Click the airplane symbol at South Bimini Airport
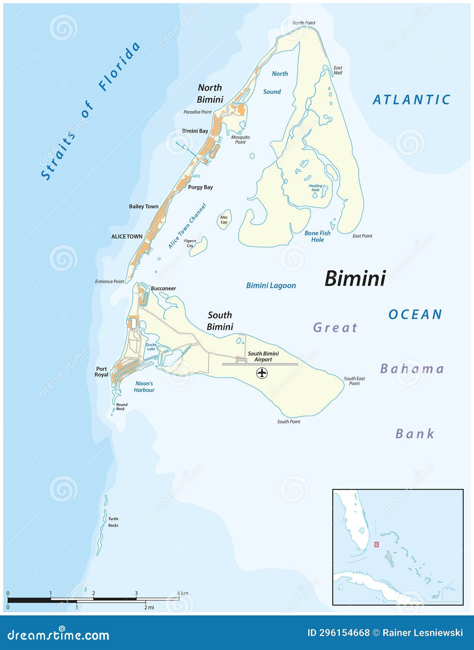point(262,373)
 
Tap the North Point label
point(304,23)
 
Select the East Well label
point(338,70)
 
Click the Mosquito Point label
point(240,140)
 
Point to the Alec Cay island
point(224,220)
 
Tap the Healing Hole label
point(315,188)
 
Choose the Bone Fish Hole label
point(317,236)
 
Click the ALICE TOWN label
point(127,237)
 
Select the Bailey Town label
point(144,207)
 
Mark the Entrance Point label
point(110,282)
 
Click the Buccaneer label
point(164,288)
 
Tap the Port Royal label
point(102,372)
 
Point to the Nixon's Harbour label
point(144,387)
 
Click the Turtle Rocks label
point(113,522)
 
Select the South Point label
point(289,422)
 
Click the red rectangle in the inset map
point(376,544)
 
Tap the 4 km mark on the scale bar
point(179,599)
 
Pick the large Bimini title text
point(355,278)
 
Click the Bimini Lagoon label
point(271,285)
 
